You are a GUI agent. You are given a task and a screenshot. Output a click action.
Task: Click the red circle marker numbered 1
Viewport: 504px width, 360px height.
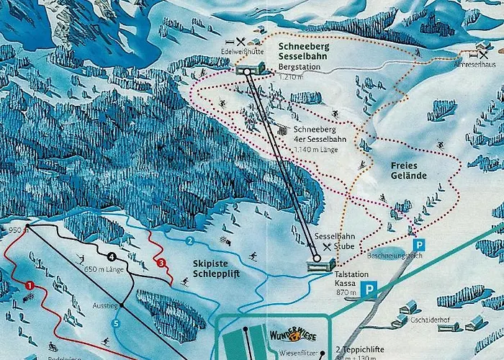(x=30, y=286)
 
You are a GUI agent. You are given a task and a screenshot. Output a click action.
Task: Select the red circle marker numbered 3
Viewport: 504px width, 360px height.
(x=161, y=262)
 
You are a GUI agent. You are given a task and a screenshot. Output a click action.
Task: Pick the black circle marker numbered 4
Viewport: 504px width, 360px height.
(x=112, y=256)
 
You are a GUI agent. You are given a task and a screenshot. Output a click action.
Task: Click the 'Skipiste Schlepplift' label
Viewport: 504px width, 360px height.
(x=216, y=269)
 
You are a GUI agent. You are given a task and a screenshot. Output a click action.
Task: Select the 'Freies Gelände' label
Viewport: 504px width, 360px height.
(x=409, y=170)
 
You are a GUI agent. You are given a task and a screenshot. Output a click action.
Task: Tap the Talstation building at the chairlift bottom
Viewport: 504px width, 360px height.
(x=317, y=265)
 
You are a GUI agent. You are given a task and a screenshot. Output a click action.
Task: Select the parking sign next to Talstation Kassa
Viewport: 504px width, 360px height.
(x=369, y=290)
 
